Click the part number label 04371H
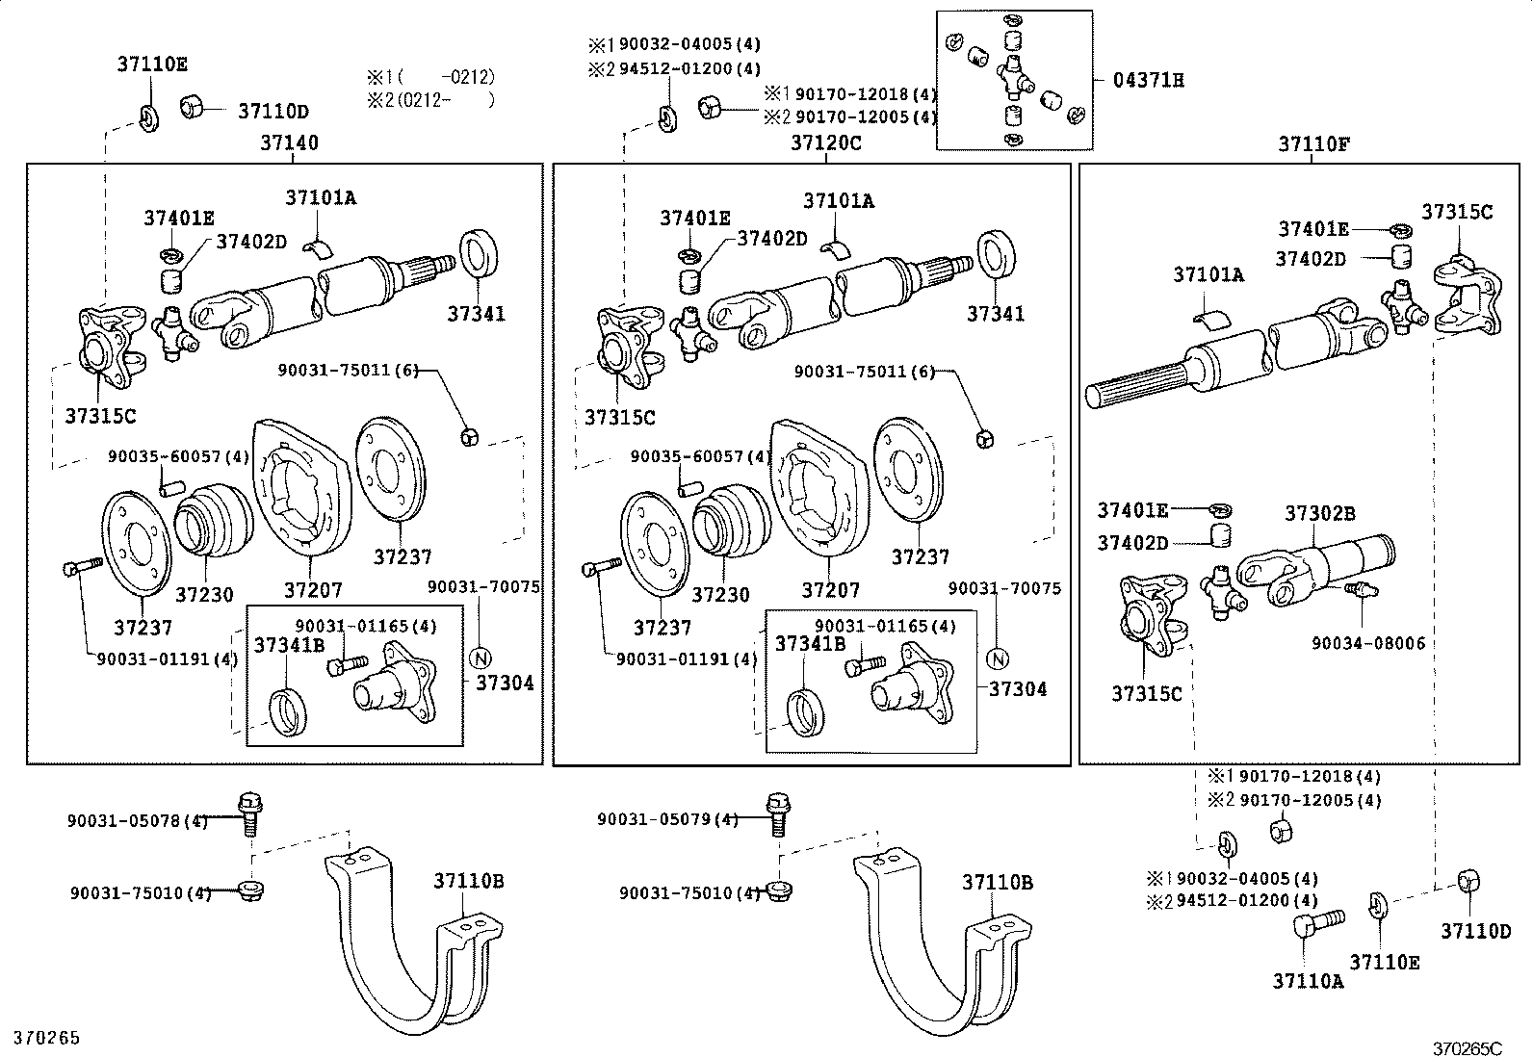(1149, 81)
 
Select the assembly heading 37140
(289, 143)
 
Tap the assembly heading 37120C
(825, 143)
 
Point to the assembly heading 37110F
(1314, 144)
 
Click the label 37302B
(1319, 513)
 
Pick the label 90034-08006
(1368, 643)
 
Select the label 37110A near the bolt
(1308, 981)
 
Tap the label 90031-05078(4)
(138, 821)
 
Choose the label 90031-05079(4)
(667, 820)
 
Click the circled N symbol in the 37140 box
(480, 658)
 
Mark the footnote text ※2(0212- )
(430, 99)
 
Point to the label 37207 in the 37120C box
(831, 589)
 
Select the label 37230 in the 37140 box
(204, 595)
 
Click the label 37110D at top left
(273, 112)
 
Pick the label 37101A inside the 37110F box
(1208, 275)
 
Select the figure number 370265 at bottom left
(46, 1038)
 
